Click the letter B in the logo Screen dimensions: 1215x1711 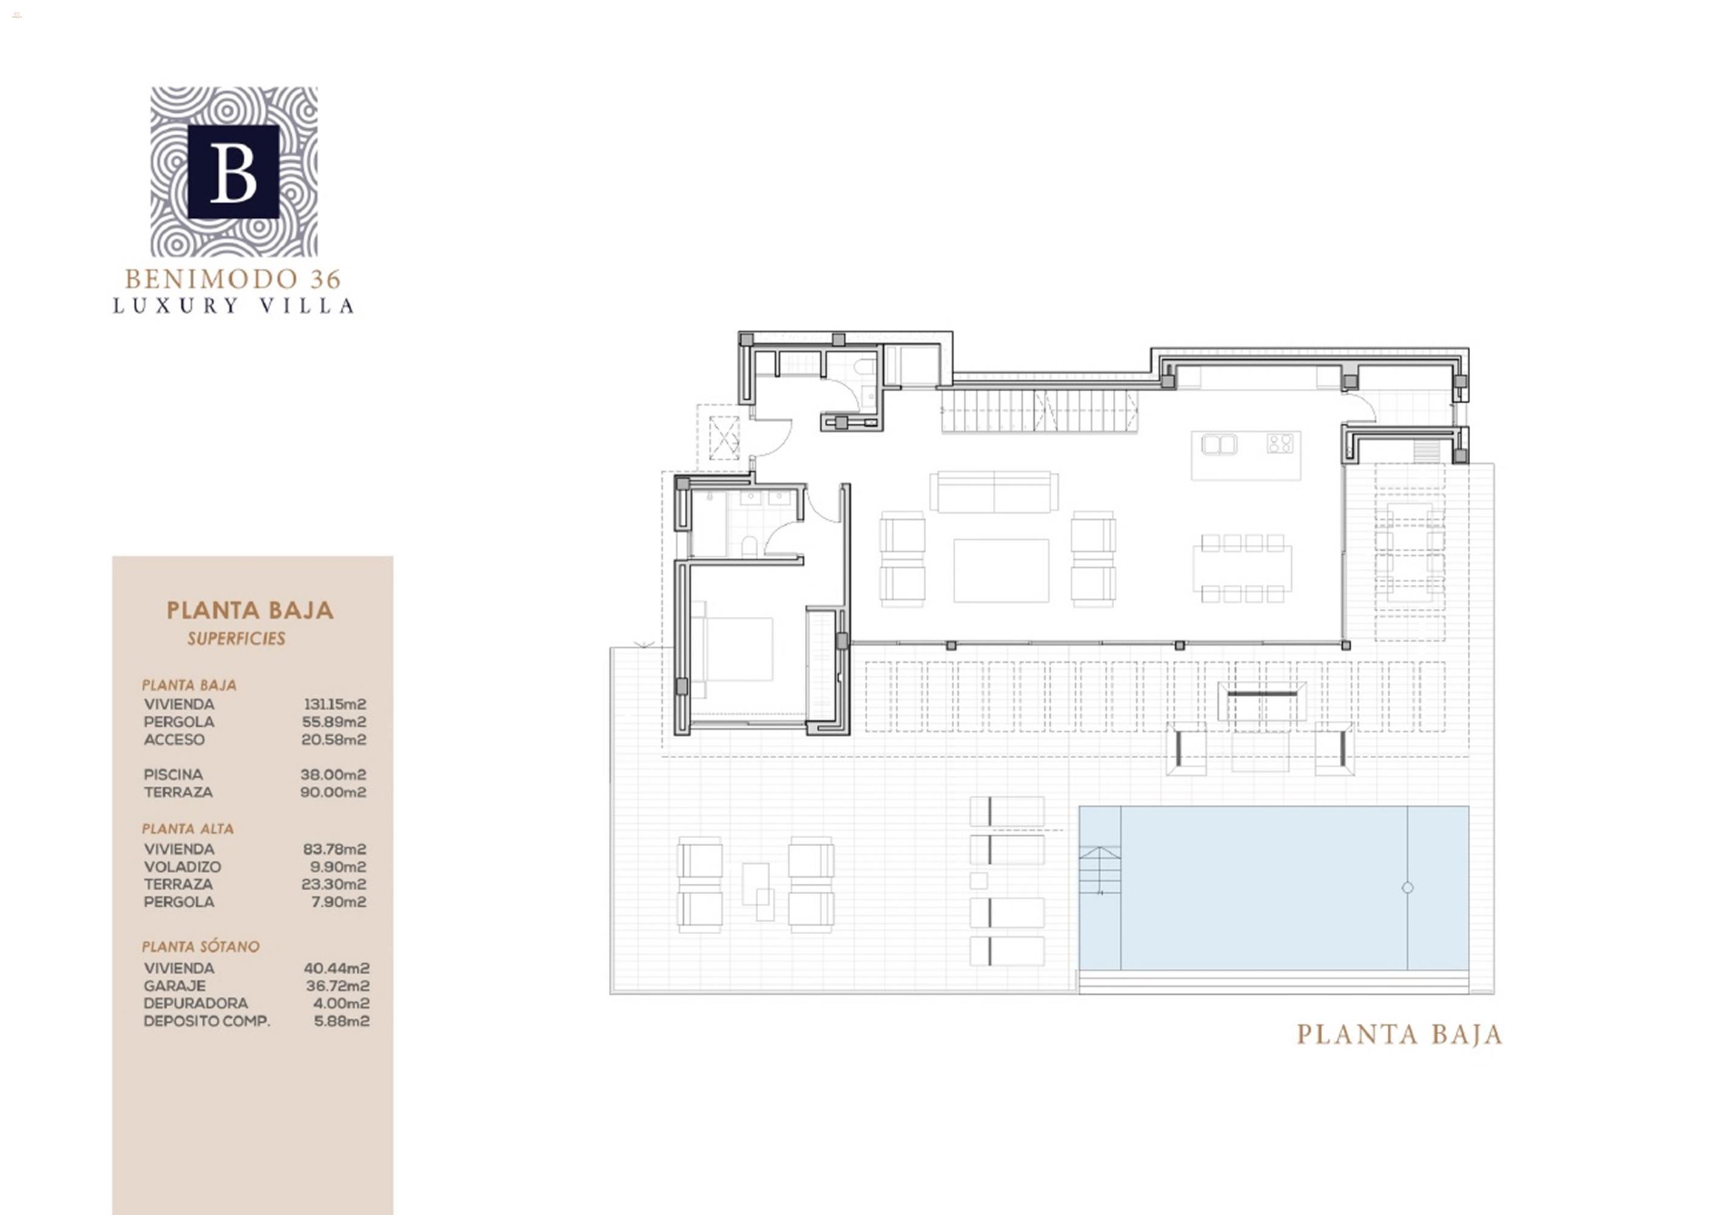(234, 172)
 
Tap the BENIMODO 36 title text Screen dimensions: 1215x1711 (233, 279)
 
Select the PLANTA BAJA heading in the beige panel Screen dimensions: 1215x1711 (250, 610)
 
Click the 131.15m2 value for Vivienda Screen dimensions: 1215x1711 (334, 704)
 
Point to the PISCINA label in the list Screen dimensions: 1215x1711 (173, 775)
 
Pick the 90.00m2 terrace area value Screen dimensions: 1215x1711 (333, 792)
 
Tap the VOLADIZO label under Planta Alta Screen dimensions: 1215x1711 (183, 867)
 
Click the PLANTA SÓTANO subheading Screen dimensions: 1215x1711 (201, 947)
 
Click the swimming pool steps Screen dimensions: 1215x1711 (1100, 871)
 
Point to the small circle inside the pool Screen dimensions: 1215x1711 (1407, 887)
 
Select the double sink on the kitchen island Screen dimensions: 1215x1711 (1219, 445)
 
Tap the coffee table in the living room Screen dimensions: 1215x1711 (1001, 570)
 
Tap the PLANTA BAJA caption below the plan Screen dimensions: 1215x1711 (1399, 1035)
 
